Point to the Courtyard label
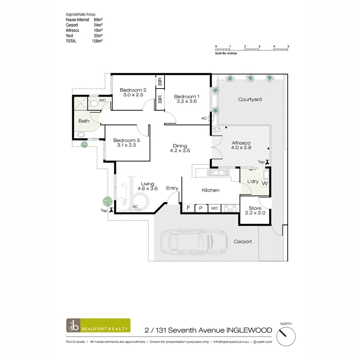[250, 99]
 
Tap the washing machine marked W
[265, 183]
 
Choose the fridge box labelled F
[188, 208]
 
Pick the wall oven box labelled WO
[214, 209]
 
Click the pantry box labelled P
[201, 208]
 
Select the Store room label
[255, 208]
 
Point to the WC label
[102, 100]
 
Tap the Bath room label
[84, 121]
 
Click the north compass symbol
[286, 332]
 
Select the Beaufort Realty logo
[98, 326]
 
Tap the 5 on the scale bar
[288, 46]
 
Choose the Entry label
[172, 188]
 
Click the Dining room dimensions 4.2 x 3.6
[180, 151]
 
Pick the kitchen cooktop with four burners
[230, 208]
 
